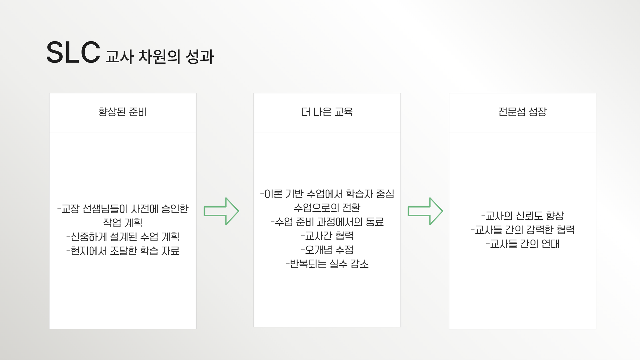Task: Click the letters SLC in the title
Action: [73, 53]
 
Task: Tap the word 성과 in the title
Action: [199, 57]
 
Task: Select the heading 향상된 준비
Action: [123, 112]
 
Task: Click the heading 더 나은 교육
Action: [327, 112]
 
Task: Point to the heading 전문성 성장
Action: [522, 112]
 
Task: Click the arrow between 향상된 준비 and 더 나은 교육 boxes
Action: [221, 211]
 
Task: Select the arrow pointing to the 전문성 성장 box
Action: [425, 211]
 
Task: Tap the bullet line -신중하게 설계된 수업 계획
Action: [123, 237]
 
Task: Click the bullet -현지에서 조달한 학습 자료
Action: [123, 251]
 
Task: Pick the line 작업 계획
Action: [123, 223]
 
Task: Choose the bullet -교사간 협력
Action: [327, 236]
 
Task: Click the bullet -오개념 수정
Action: [327, 250]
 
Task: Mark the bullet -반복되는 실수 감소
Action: [327, 264]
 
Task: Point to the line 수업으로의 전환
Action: [327, 208]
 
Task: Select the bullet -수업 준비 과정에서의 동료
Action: [327, 222]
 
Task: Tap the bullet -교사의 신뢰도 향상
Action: [522, 216]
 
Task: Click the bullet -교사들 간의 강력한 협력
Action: [522, 230]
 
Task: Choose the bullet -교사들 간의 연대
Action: [522, 244]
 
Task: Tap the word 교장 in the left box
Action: [70, 209]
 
